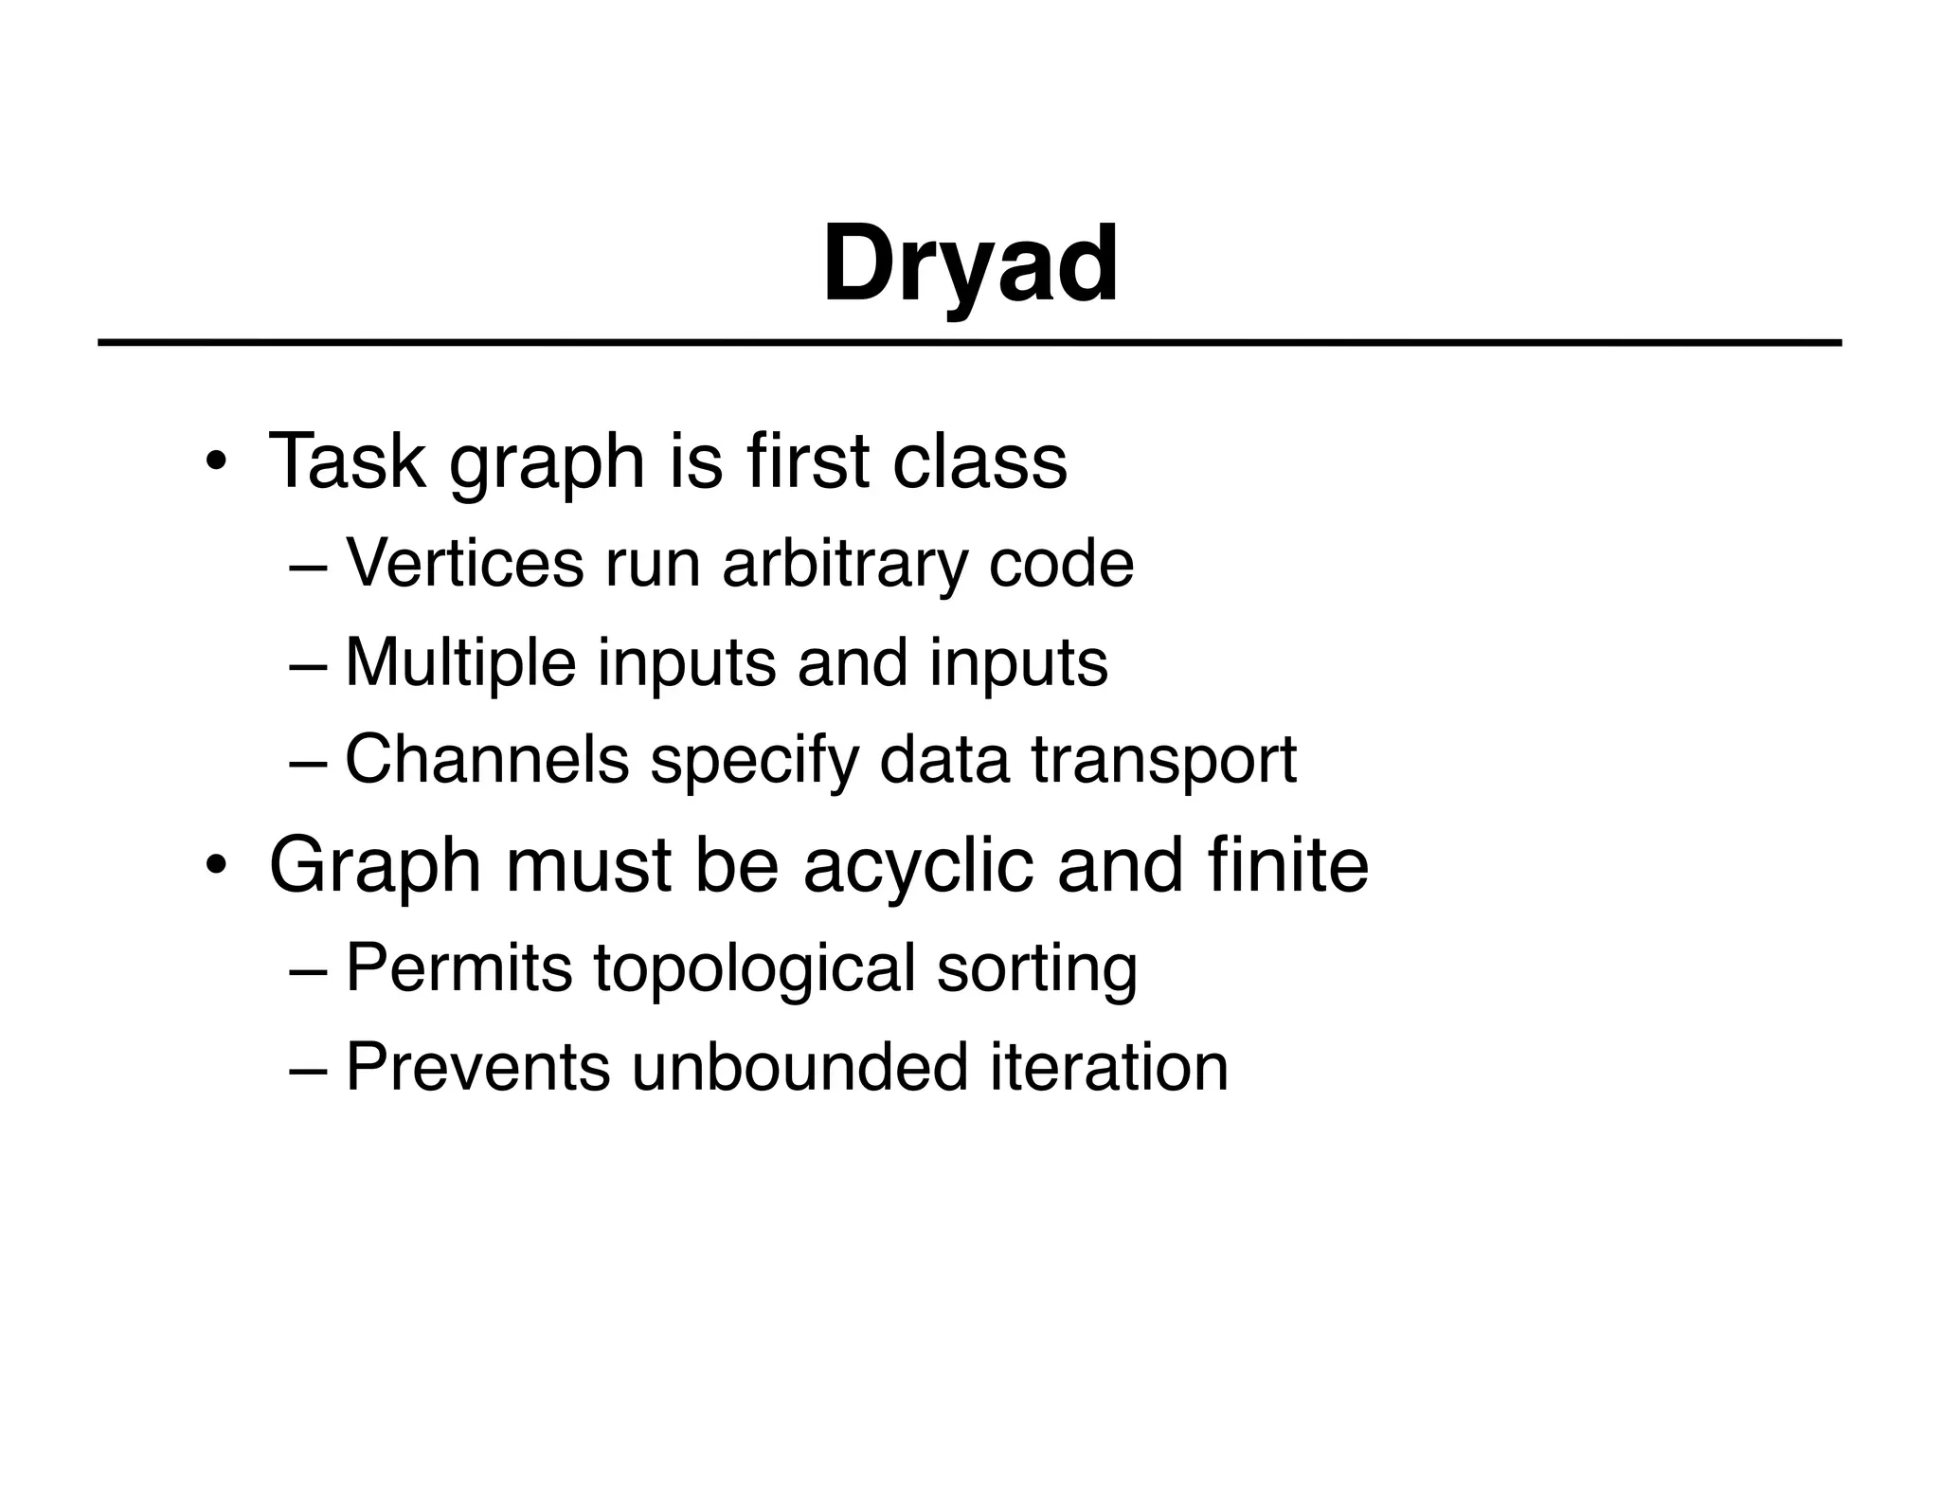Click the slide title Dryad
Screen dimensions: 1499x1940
coord(970,265)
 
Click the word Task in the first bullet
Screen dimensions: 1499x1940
coord(347,461)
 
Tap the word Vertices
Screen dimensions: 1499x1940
coord(464,564)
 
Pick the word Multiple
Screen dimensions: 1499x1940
coord(460,662)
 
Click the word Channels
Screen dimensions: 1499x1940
coord(487,760)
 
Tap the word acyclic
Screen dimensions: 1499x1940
coord(918,865)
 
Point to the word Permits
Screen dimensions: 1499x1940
coord(459,968)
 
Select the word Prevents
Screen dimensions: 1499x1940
coord(477,1068)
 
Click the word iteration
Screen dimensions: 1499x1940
coord(1109,1068)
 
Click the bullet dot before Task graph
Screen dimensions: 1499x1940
coord(216,463)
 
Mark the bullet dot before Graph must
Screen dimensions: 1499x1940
coord(216,867)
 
